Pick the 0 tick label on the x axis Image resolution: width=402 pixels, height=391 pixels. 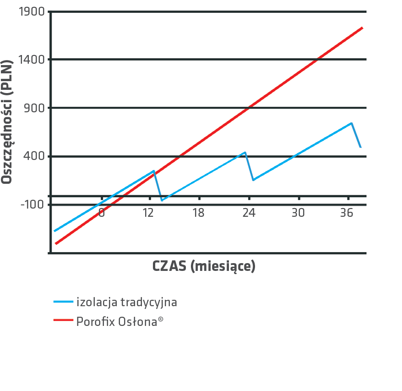[x=102, y=213]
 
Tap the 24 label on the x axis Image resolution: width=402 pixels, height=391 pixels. [x=249, y=213]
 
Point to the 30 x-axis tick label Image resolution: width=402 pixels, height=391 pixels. [x=298, y=213]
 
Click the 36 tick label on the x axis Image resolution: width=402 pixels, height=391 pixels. [x=347, y=213]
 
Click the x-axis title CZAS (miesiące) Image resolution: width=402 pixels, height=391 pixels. [x=204, y=266]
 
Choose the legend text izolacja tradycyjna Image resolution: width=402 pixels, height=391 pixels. [x=126, y=302]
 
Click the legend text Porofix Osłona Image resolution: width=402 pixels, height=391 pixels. [x=120, y=322]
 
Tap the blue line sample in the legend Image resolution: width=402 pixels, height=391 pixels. [x=63, y=302]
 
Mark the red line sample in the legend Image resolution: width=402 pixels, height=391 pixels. [x=63, y=322]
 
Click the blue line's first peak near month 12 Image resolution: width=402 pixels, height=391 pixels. [x=154, y=171]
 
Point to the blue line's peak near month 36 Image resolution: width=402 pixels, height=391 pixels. [x=351, y=123]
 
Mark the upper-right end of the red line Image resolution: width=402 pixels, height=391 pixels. [x=362, y=28]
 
